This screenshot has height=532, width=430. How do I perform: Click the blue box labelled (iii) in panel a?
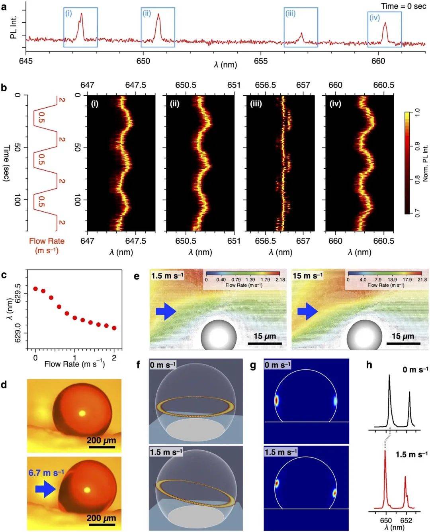pyautogui.click(x=301, y=27)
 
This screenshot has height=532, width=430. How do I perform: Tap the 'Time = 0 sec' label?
pyautogui.click(x=403, y=6)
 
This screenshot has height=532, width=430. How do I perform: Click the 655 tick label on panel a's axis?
pyautogui.click(x=261, y=61)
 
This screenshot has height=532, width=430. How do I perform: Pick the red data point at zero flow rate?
pyautogui.click(x=35, y=289)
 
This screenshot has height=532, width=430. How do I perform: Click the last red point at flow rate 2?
pyautogui.click(x=114, y=328)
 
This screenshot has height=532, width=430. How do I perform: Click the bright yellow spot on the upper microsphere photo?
pyautogui.click(x=82, y=414)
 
